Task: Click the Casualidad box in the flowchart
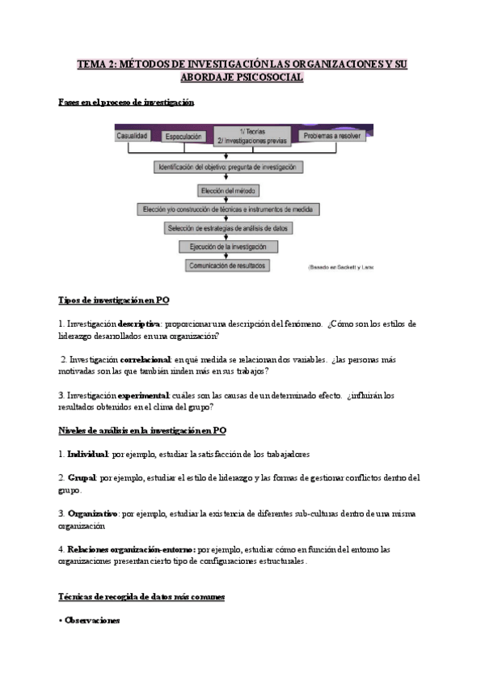tap(132, 137)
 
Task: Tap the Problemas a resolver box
tap(332, 137)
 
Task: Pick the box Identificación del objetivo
tap(226, 167)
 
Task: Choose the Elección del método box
tap(228, 190)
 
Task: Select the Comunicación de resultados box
tap(226, 265)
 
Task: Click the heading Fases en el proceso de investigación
tap(127, 103)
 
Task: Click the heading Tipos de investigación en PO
tap(113, 300)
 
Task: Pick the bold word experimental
tap(143, 395)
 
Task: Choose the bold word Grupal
tap(82, 477)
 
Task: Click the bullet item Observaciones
tap(91, 620)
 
